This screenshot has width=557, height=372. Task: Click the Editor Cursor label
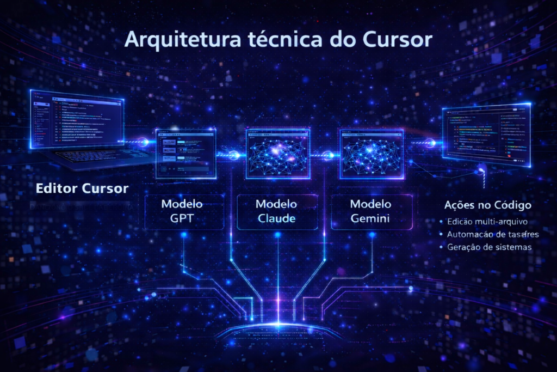(82, 189)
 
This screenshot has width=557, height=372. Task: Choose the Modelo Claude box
(277, 212)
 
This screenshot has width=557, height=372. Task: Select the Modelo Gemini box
(370, 212)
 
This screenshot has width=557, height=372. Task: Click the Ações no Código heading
(488, 205)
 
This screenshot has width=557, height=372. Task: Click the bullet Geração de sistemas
(489, 247)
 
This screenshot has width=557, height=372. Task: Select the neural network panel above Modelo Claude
(278, 153)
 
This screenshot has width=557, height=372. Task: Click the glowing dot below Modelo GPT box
(183, 235)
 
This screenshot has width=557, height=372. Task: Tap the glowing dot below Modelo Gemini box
(373, 235)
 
